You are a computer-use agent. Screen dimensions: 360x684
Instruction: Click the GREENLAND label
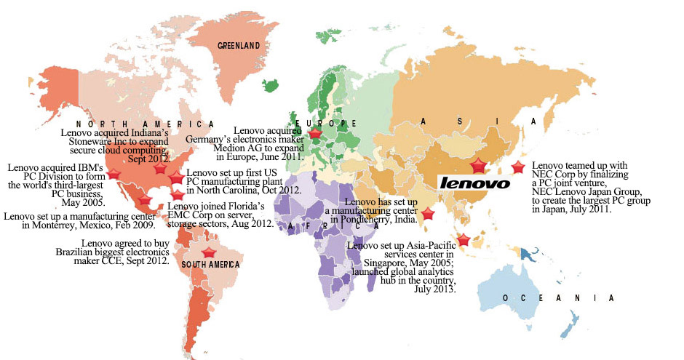[x=239, y=45]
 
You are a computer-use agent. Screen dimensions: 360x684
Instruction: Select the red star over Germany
[x=315, y=134]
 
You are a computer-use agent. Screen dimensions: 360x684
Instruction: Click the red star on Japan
[x=518, y=167]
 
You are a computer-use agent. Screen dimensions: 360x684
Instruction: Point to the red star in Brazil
[x=209, y=253]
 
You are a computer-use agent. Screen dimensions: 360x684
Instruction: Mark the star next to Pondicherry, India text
[x=428, y=214]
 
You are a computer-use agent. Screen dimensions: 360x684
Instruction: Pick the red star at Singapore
[x=463, y=240]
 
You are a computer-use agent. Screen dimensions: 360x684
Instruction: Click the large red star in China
[x=479, y=165]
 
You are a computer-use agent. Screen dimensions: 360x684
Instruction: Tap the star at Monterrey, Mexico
[x=144, y=200]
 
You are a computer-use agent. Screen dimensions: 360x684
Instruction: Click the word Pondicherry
[x=367, y=219]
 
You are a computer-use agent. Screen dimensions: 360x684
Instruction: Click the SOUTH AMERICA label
[x=210, y=265]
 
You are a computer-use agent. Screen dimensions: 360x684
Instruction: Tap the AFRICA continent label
[x=313, y=226]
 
